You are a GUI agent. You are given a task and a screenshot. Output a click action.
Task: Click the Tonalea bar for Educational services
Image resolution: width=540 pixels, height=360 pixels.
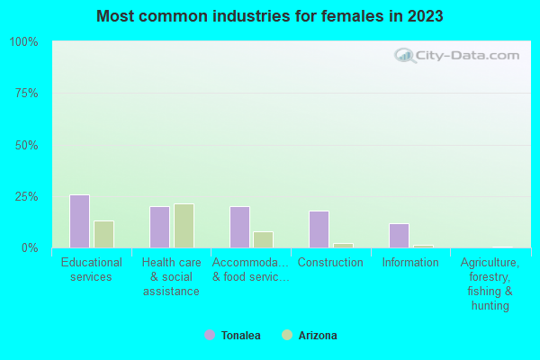click(x=79, y=221)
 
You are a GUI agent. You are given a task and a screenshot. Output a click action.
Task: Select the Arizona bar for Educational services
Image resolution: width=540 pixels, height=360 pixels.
click(x=103, y=234)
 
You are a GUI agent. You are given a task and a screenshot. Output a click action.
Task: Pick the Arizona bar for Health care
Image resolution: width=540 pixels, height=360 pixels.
click(x=184, y=226)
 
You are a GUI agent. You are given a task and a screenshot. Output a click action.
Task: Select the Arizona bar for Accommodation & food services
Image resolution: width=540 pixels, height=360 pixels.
click(x=263, y=239)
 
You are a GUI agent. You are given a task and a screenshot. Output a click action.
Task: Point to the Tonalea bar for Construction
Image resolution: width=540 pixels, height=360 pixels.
click(x=319, y=229)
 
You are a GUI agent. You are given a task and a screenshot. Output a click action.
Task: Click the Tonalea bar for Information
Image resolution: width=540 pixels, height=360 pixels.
click(x=399, y=236)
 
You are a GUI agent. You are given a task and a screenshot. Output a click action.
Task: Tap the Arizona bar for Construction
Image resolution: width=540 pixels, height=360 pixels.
click(x=343, y=245)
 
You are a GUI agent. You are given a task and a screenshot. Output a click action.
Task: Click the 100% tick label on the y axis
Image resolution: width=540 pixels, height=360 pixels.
click(x=23, y=42)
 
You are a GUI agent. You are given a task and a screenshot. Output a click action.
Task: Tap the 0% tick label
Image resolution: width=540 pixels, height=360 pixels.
click(x=29, y=247)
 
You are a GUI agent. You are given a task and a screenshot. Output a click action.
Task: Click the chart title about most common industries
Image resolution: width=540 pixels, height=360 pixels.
click(x=270, y=16)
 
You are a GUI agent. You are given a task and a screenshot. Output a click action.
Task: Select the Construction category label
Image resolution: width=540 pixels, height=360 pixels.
click(x=330, y=263)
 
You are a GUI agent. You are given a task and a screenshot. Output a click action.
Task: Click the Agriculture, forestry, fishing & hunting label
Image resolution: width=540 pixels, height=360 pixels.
click(x=490, y=284)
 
